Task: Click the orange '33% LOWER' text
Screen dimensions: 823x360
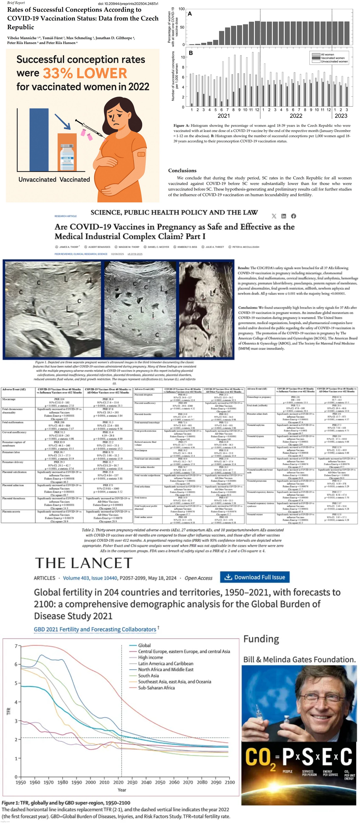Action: coord(85,73)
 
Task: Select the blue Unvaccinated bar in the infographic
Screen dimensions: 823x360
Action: coord(39,140)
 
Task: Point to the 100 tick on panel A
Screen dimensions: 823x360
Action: coord(181,9)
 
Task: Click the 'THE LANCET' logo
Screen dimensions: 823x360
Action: coord(84,563)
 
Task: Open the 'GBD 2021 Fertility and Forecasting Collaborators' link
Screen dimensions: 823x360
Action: coord(95,629)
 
